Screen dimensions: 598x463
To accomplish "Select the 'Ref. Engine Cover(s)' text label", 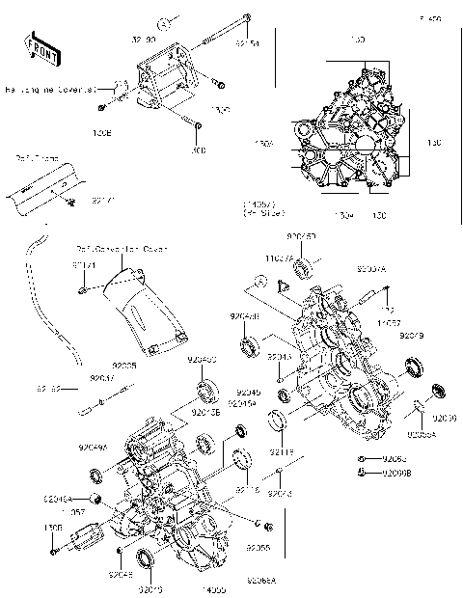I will [50, 90].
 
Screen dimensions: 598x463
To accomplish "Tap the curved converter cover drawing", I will [145, 309].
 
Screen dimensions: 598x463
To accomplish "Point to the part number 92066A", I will [261, 582].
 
